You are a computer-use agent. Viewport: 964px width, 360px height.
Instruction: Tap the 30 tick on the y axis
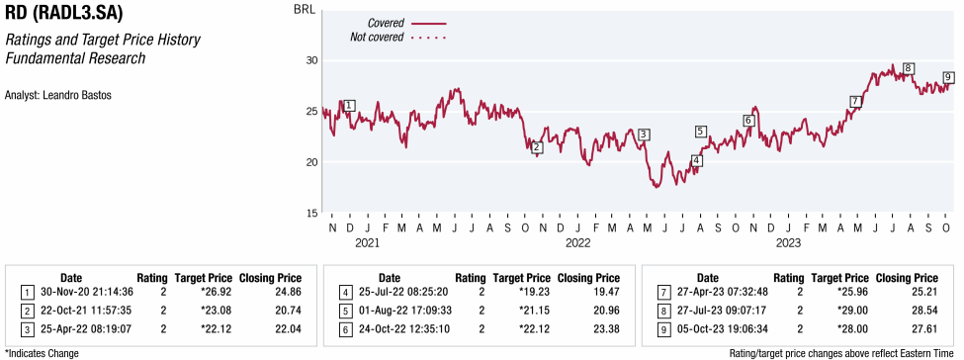coord(309,60)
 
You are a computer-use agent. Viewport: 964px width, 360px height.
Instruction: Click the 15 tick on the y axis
coord(309,213)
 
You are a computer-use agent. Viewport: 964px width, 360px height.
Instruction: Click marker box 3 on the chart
coord(644,135)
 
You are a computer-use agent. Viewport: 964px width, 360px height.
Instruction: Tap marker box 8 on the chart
coord(908,68)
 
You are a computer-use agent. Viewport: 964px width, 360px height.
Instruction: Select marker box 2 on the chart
coord(536,147)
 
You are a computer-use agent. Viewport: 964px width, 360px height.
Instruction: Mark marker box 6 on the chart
coord(748,121)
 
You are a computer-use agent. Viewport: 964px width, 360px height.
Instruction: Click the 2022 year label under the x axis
coord(577,242)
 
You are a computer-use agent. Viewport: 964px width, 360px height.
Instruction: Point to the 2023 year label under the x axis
coord(788,242)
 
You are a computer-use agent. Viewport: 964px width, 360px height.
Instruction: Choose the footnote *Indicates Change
coord(43,351)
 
